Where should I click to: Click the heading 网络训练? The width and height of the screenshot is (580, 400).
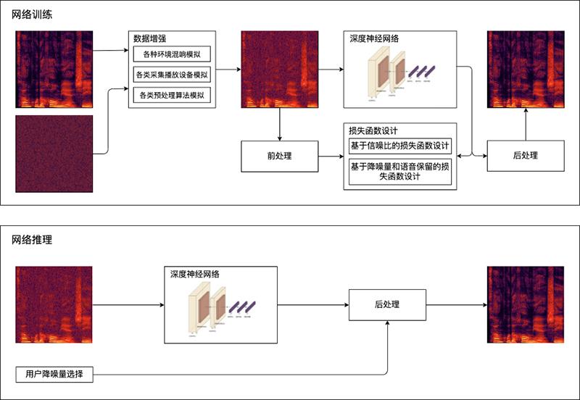click(31, 14)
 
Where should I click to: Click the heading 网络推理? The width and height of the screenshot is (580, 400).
click(31, 238)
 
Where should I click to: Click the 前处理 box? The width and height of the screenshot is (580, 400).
click(279, 156)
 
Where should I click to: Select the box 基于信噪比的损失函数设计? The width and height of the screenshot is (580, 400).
click(400, 146)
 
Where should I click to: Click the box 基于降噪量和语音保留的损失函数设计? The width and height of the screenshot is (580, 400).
click(400, 171)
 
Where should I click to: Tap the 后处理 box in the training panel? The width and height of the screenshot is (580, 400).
click(526, 155)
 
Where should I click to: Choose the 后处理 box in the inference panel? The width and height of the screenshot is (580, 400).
click(387, 305)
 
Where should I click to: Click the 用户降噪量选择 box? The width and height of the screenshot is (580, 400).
click(54, 375)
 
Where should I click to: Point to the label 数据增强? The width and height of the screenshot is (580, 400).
click(151, 38)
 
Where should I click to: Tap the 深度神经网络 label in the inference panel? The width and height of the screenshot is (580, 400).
click(195, 274)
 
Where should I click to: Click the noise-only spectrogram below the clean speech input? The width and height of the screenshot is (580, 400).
click(54, 154)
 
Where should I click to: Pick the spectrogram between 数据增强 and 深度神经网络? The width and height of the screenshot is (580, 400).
click(279, 70)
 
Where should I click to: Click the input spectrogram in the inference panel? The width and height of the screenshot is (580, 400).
click(54, 305)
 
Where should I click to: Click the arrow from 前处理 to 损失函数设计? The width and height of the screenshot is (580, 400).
click(331, 156)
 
